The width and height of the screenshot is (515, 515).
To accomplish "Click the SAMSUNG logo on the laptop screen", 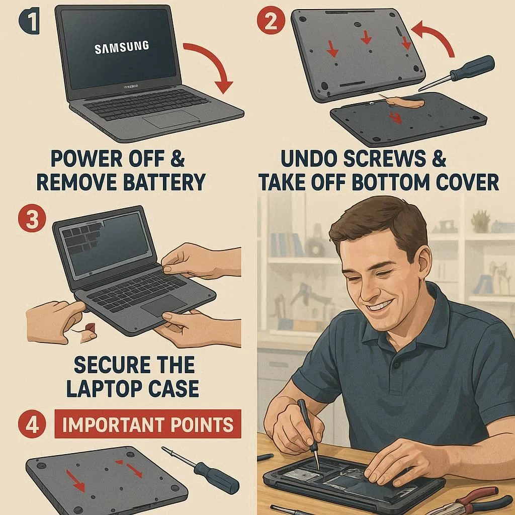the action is (x=122, y=47).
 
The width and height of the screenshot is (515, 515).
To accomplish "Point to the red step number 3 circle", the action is (x=32, y=218).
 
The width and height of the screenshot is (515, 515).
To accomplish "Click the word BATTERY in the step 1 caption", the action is (x=164, y=182).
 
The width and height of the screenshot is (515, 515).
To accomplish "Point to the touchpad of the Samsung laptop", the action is (x=171, y=119).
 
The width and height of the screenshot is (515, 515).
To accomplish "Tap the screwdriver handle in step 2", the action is (x=473, y=68).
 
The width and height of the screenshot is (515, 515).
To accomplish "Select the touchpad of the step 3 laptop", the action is (x=163, y=305).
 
